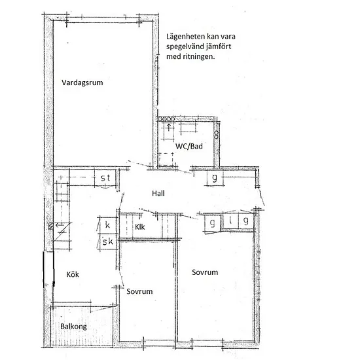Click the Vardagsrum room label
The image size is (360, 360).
coord(82,83)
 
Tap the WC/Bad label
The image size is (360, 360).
coord(189,146)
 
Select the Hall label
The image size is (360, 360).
coord(158,193)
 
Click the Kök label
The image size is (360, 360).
coord(73,274)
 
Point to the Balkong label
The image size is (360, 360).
coord(73,327)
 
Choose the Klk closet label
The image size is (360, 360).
coord(140,227)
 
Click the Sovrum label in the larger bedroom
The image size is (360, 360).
coord(205,272)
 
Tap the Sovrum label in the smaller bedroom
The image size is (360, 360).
coord(139,291)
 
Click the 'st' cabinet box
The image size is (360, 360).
coord(105,178)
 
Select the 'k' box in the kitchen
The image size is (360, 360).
coord(107,225)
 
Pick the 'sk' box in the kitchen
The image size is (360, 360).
coord(107,242)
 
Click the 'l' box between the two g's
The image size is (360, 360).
coord(230,221)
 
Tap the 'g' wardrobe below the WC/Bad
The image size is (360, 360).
coord(215,177)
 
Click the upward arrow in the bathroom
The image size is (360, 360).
coord(169,127)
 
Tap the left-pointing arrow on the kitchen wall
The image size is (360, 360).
coord(59,225)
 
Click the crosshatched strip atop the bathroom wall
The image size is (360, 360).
coord(166,119)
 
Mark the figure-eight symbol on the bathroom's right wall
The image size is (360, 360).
coord(216,135)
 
